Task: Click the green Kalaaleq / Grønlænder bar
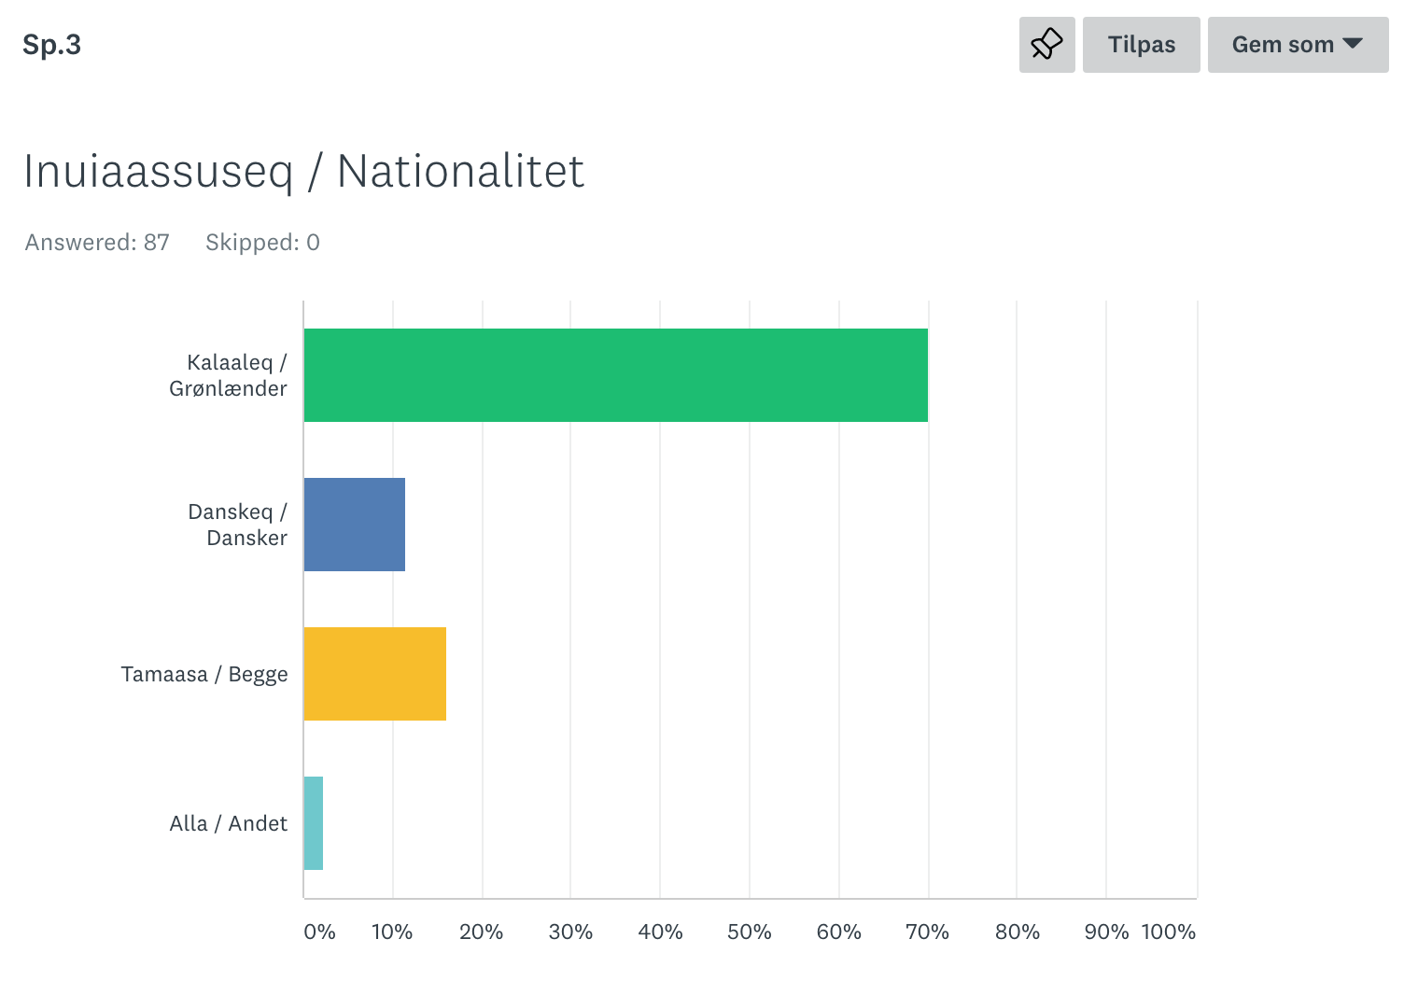pos(615,375)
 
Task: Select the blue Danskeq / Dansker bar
pos(355,525)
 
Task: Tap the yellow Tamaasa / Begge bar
pos(374,674)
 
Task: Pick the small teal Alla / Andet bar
pos(314,823)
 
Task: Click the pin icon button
pos(1046,45)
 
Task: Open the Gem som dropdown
pos(1298,45)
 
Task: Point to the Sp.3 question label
pos(52,45)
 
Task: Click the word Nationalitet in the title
pos(460,172)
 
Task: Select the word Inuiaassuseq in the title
pos(159,172)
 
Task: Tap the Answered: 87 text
pos(97,243)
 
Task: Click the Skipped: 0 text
pos(262,243)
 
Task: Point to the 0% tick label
pos(319,932)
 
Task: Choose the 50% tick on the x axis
pos(749,932)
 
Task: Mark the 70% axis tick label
pos(927,932)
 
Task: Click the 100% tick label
pos(1168,932)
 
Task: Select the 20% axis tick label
pos(481,932)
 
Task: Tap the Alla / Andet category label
pos(229,823)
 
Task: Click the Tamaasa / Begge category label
pos(204,674)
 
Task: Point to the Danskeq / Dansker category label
pos(238,525)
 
